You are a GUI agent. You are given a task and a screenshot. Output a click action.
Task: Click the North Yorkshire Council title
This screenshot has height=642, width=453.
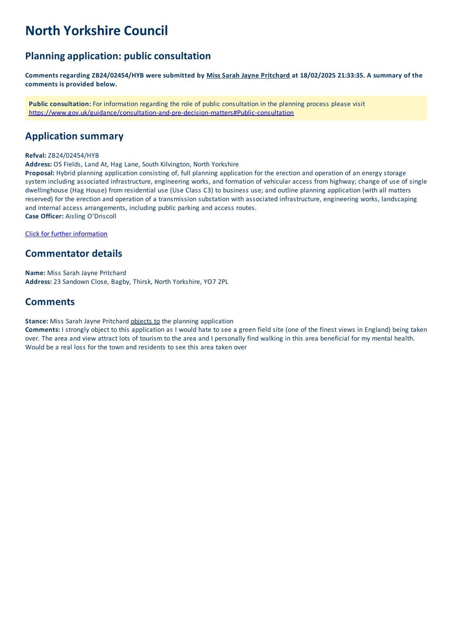(96, 31)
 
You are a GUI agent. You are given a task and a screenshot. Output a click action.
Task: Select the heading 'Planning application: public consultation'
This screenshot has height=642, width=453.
(118, 56)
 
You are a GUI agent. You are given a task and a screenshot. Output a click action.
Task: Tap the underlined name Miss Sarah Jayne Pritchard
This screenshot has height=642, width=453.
(248, 75)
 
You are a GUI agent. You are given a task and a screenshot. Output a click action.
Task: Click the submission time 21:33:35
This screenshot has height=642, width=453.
(349, 75)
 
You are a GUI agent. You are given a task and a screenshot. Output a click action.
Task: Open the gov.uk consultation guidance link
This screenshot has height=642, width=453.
(161, 113)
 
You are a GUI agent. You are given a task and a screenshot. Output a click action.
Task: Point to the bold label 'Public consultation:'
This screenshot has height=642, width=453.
(60, 104)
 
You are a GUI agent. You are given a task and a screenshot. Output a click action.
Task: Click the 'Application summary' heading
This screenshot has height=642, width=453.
(74, 136)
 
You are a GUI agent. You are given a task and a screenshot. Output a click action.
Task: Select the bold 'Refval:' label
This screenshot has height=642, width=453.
(36, 156)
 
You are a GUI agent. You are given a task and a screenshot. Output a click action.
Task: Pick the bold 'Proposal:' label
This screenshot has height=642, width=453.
(40, 173)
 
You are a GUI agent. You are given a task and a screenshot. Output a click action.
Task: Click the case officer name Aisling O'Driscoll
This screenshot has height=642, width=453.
(91, 216)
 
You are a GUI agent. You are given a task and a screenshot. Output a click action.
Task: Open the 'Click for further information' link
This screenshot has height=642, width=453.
(66, 234)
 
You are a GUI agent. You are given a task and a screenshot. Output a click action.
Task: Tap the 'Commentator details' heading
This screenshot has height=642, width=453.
(73, 254)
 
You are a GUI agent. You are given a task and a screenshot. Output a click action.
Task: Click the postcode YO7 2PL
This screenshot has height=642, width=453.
(216, 282)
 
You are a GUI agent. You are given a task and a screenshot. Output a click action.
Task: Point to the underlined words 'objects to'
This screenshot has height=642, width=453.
(145, 321)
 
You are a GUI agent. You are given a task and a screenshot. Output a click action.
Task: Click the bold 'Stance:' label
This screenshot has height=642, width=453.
(36, 321)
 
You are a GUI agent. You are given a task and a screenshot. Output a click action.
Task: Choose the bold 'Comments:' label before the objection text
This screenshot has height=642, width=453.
(42, 330)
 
